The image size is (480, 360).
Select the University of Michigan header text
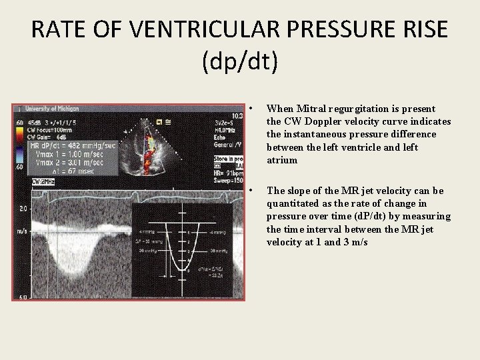[53, 109]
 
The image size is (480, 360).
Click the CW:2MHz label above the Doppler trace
[44, 181]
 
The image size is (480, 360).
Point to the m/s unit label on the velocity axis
[23, 230]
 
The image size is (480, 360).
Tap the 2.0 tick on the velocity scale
[24, 209]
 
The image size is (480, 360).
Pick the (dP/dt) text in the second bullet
[371, 217]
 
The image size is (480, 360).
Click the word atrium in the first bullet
[282, 161]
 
